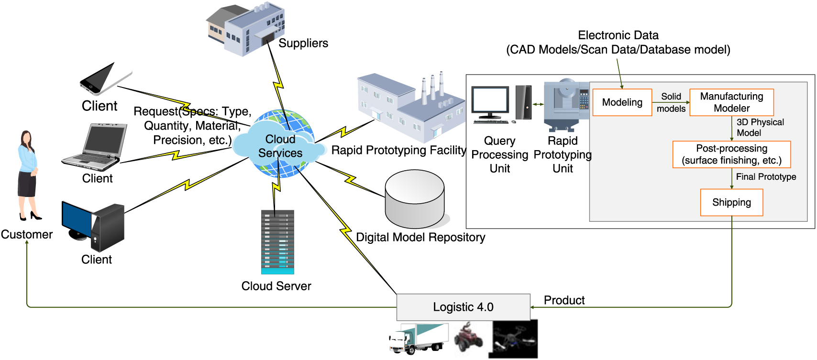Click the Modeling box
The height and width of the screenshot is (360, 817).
tap(622, 102)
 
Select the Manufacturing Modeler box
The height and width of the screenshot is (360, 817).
tap(731, 102)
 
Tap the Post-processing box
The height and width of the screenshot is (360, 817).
tap(731, 154)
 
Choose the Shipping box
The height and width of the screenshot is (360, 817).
tap(731, 202)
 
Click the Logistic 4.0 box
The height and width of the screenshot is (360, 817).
tap(463, 307)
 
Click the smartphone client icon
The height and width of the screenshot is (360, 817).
tap(105, 79)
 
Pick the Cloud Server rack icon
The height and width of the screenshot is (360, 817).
tap(277, 242)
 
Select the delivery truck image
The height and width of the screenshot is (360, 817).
tap(418, 338)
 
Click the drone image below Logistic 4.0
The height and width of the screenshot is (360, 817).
tap(513, 339)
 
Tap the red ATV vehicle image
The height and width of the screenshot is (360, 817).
tap(469, 338)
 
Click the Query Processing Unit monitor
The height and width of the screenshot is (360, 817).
tap(490, 103)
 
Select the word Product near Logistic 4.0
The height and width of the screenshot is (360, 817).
tap(564, 300)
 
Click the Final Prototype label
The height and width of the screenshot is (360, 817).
tap(766, 177)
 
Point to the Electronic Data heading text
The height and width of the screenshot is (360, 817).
tap(618, 35)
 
